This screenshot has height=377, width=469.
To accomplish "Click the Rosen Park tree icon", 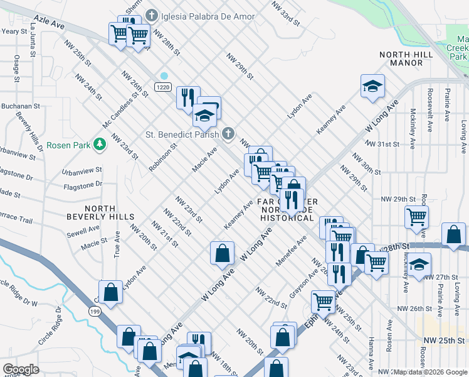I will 99,145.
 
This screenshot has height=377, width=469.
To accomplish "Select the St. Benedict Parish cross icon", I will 228,133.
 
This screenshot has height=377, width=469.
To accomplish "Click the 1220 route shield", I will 164,86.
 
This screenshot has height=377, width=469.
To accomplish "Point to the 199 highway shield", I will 94,312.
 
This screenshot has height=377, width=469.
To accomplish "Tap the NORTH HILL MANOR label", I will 406,58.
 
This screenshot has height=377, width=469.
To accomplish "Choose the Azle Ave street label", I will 50,23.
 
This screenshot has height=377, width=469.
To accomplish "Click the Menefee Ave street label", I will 292,251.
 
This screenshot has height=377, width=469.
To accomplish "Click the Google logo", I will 21,369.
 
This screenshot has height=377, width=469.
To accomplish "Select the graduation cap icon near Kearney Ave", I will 372,87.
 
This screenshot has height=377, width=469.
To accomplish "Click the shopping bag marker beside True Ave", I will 110,293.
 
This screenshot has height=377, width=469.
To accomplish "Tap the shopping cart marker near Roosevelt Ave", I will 416,217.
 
